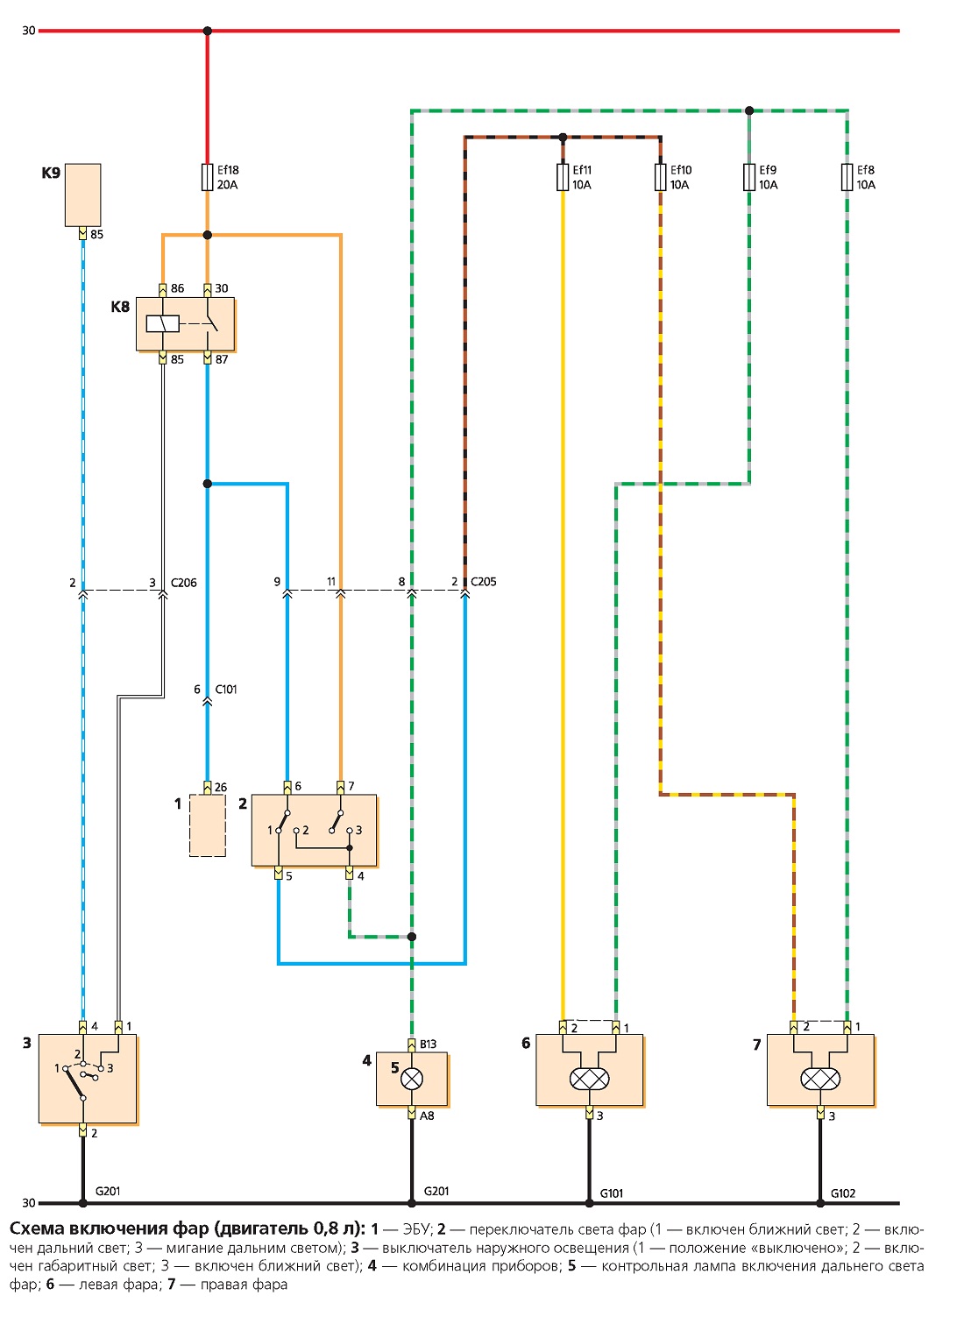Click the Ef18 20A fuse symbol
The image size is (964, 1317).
pos(207,177)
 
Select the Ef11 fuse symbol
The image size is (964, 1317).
pos(563,177)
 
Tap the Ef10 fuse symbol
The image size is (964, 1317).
pos(660,177)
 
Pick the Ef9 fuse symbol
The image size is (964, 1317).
pos(748,177)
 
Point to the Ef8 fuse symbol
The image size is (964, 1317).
pos(847,177)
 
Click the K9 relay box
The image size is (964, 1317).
pos(83,195)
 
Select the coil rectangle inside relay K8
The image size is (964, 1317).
pos(163,324)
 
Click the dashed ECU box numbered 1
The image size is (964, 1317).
pos(207,825)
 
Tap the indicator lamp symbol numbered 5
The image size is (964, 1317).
pos(412,1079)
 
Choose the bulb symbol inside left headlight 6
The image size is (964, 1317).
pos(589,1079)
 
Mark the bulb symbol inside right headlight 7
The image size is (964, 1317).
pos(820,1079)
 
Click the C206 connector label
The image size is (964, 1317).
pos(183,583)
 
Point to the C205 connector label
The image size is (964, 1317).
pos(484,582)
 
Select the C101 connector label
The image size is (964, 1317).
pos(226,689)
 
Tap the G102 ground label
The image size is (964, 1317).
pos(843,1193)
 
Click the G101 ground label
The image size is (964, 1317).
pos(611,1193)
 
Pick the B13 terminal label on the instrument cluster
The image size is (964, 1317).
pos(428,1044)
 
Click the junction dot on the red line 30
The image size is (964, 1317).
pos(207,31)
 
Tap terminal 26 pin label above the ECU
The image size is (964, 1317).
pos(221,787)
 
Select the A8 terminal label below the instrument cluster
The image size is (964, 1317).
pos(427,1115)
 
